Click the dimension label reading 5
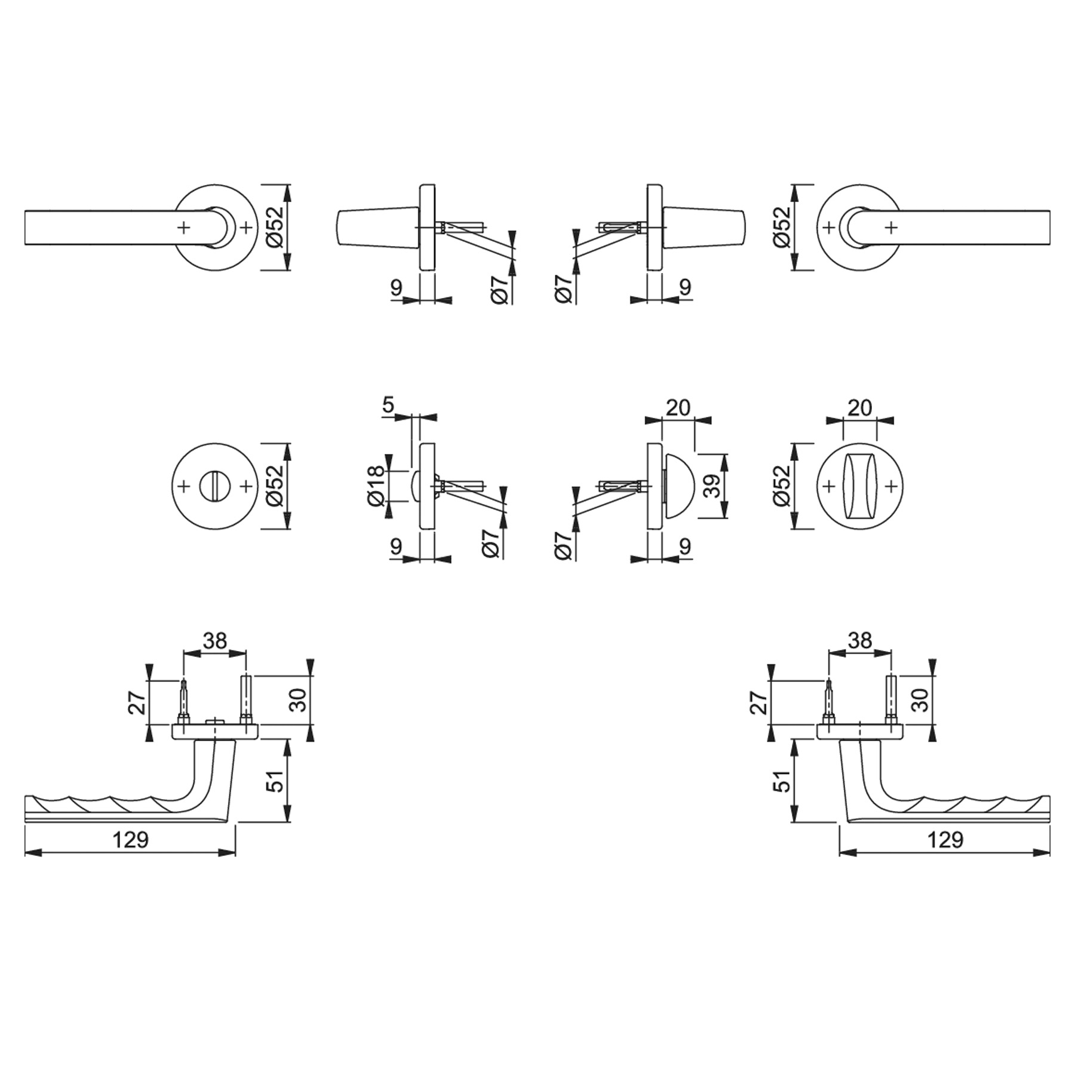[x=388, y=406]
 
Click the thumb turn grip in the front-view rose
[x=859, y=486]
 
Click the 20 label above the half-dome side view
[x=678, y=408]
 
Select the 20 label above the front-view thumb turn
[x=859, y=408]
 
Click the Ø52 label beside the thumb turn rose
[x=782, y=486]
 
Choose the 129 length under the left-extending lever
[x=130, y=840]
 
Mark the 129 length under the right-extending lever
[x=945, y=840]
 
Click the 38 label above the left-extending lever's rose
[x=215, y=641]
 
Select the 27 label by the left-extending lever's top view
[x=138, y=702]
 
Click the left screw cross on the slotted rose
[x=184, y=486]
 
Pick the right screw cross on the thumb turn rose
[x=891, y=486]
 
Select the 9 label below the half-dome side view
[x=685, y=546]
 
